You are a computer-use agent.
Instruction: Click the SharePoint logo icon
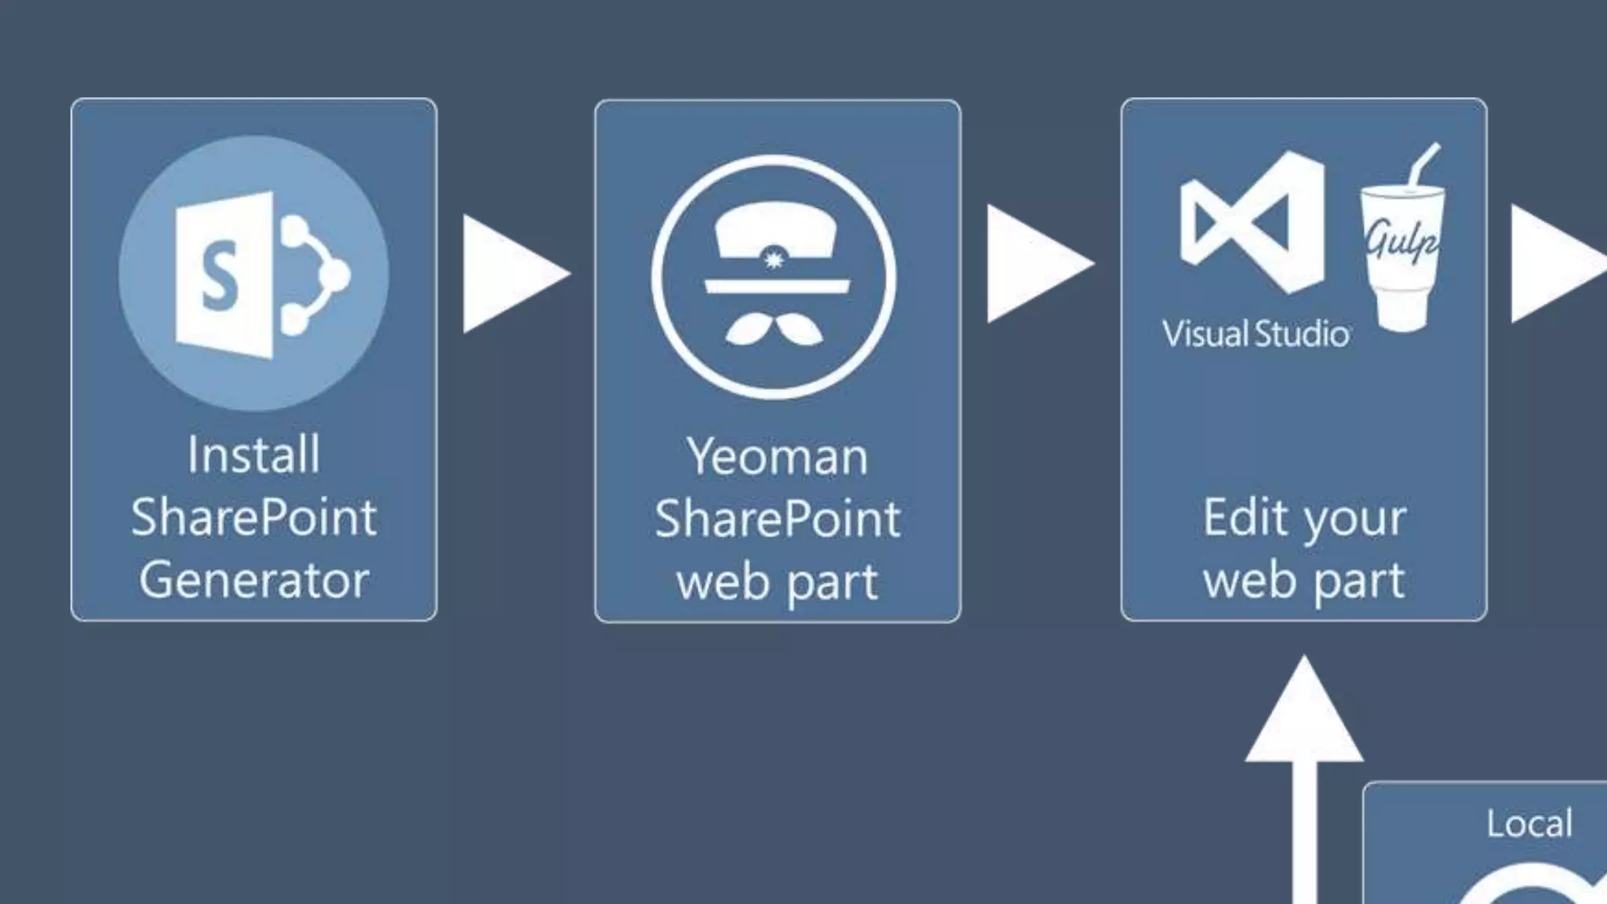pos(253,274)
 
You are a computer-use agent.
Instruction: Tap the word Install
pos(253,454)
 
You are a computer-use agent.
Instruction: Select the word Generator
pos(253,580)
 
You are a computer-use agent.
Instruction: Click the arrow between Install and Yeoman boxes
pos(512,274)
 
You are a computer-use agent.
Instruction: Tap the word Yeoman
pos(777,456)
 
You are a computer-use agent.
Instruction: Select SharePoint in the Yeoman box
pos(777,519)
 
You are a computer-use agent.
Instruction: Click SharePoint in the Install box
pos(253,517)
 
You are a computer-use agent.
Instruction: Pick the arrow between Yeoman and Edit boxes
pos(1036,264)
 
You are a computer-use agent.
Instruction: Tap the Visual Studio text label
pos(1255,334)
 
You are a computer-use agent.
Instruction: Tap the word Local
pos(1529,823)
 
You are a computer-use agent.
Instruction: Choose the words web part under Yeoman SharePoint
pos(777,582)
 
